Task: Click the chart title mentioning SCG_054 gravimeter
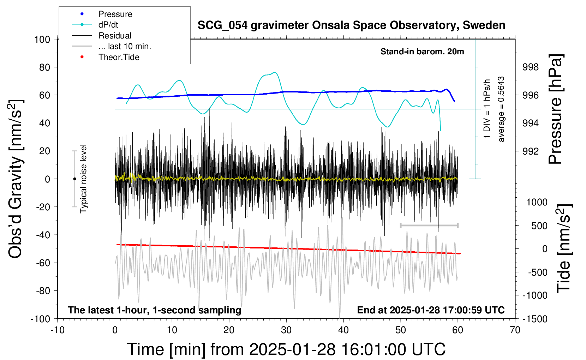351,25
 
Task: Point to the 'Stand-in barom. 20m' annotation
422,52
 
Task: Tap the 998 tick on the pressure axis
531,67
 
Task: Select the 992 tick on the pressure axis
531,151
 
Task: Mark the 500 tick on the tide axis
539,226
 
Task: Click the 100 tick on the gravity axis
42,39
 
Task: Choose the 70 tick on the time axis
515,330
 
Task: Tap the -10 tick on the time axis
58,330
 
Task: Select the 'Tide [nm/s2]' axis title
564,248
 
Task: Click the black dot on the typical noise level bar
74,179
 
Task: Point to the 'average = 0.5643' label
501,109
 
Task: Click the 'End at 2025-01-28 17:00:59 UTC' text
431,310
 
